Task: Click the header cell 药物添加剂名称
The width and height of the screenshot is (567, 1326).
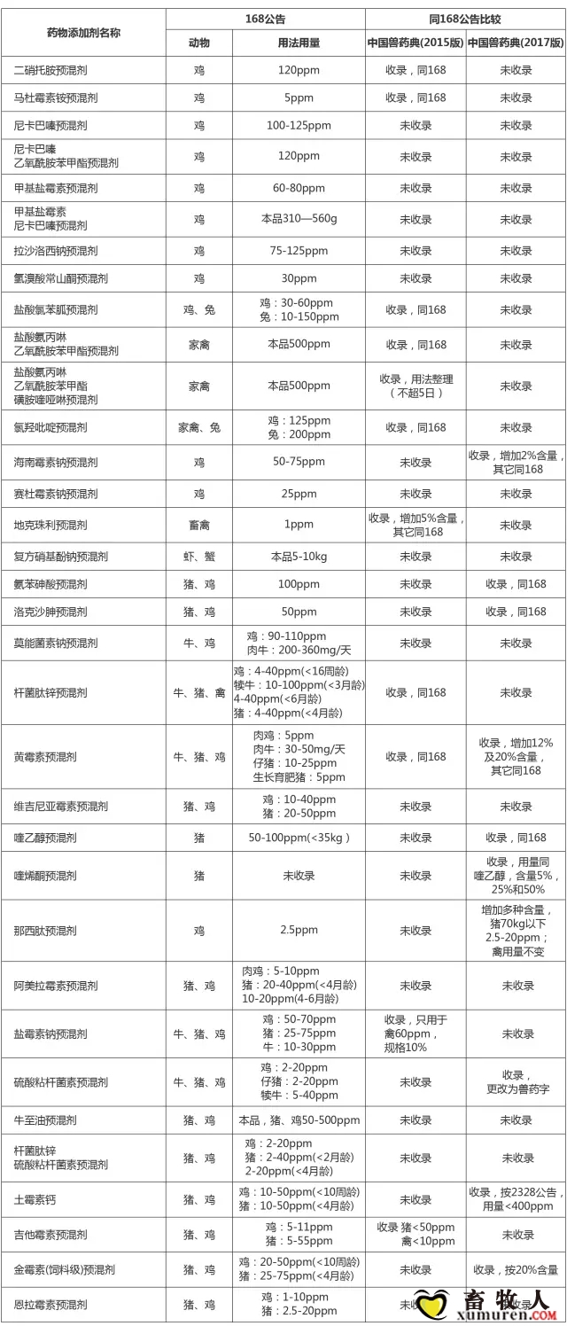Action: (x=83, y=31)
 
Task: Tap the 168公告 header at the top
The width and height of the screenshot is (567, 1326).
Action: (x=266, y=19)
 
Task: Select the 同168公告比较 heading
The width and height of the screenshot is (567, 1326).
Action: (x=466, y=19)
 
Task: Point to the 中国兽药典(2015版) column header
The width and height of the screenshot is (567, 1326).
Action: (x=416, y=43)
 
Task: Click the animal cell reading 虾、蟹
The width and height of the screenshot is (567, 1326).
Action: (x=199, y=557)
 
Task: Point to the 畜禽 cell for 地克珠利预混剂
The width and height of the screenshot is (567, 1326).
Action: (x=199, y=525)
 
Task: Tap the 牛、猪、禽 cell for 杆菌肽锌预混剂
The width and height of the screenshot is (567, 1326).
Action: (x=199, y=692)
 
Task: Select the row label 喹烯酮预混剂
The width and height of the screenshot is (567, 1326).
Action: (x=51, y=876)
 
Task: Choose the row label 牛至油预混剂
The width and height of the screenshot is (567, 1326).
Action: (x=51, y=1120)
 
